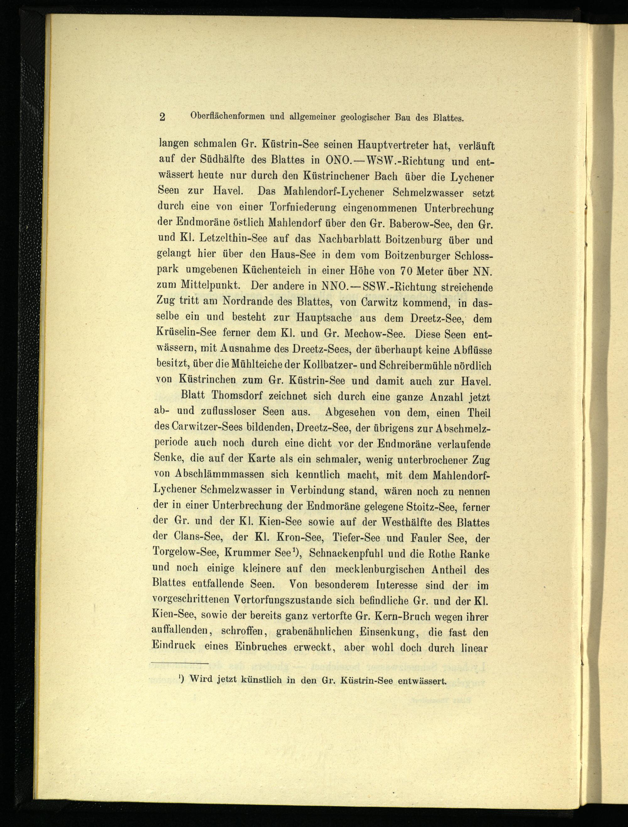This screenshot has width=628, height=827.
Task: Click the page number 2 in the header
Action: click(x=162, y=117)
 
